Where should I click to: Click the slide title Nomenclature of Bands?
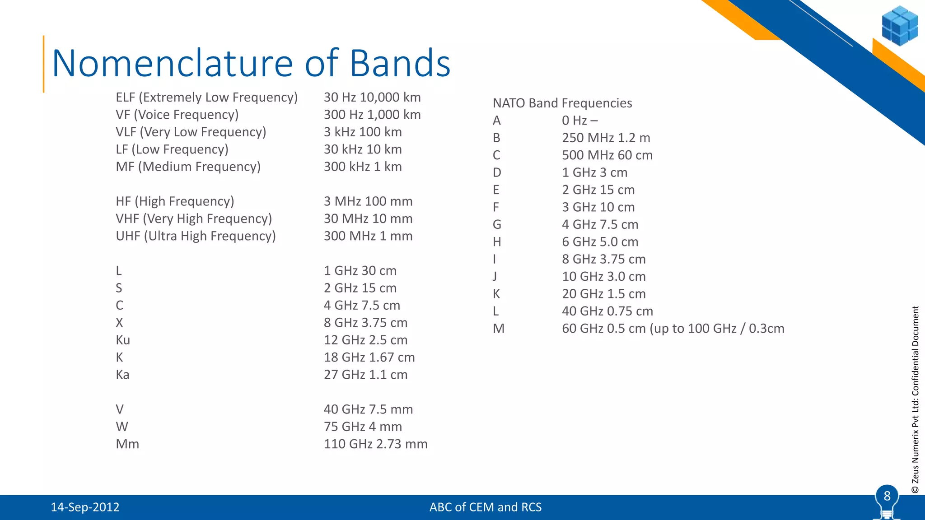click(x=251, y=63)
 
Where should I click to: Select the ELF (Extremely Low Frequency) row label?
click(x=206, y=97)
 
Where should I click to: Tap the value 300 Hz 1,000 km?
click(x=372, y=115)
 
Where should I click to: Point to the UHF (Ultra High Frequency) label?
click(x=196, y=236)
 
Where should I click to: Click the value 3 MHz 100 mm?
click(x=368, y=201)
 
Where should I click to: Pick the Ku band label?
click(x=123, y=340)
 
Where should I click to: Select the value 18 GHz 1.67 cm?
click(x=369, y=357)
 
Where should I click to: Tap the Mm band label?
click(x=127, y=444)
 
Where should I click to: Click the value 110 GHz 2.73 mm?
click(x=375, y=444)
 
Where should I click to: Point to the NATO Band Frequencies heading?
click(x=562, y=103)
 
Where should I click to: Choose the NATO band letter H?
click(x=497, y=242)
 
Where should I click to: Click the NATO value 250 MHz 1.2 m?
click(x=606, y=138)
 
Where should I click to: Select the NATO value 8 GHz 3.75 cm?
click(x=603, y=260)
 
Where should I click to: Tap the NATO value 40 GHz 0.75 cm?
click(x=607, y=311)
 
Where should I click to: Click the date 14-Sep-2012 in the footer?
click(x=85, y=507)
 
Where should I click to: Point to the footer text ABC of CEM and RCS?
click(x=485, y=507)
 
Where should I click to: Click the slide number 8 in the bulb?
click(x=887, y=497)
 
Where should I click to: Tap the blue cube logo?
click(x=899, y=26)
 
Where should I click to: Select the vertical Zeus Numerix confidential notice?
click(x=915, y=399)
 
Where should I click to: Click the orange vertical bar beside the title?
click(x=44, y=64)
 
